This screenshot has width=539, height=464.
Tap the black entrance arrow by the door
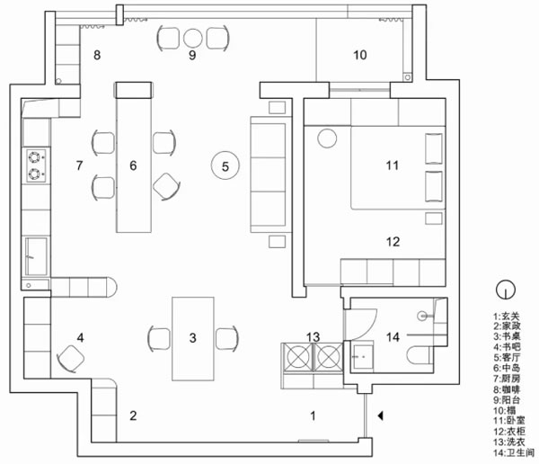[x=383, y=415]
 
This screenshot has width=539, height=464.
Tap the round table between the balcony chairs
[x=193, y=38]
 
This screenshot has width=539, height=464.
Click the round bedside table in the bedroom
[x=326, y=138]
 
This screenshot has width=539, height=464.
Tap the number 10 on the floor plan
[x=359, y=56]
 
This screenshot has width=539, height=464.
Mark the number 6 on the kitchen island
[x=133, y=165]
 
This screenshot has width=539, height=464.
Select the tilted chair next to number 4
[x=70, y=358]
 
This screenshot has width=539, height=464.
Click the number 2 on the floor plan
[x=133, y=415]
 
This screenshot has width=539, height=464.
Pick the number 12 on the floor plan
[x=392, y=241]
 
